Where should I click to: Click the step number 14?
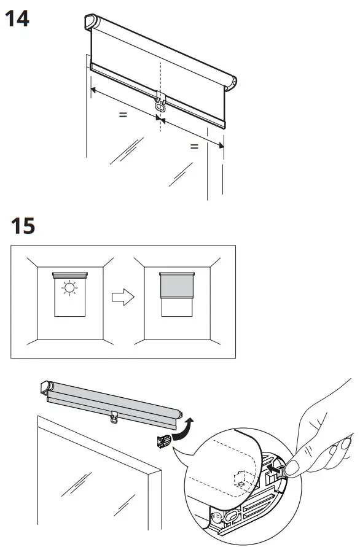pos(17,19)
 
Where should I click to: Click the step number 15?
pos(23,226)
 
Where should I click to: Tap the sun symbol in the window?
pos(69,288)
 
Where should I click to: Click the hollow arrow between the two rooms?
pos(123,297)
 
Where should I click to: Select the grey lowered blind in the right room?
pos(177,285)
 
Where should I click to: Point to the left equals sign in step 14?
pos(123,114)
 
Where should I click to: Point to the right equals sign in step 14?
pos(194,146)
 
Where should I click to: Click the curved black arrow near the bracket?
pos(182,428)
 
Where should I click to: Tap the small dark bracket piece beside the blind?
pos(163,441)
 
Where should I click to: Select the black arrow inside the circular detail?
pos(273,468)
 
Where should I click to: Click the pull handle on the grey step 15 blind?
pos(114,417)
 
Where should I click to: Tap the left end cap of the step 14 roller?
pos(90,21)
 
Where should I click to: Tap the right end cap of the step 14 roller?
pos(231,83)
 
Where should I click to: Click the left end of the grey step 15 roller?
pos(46,387)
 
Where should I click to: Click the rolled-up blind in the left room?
pos(70,275)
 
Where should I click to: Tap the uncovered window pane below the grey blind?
pos(177,308)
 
